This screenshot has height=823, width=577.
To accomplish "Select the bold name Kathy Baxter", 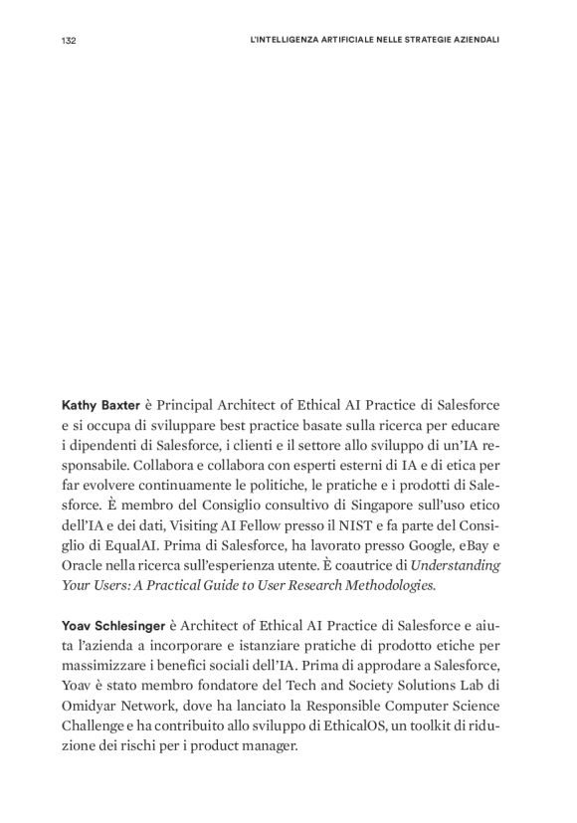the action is pyautogui.click(x=100, y=407).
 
